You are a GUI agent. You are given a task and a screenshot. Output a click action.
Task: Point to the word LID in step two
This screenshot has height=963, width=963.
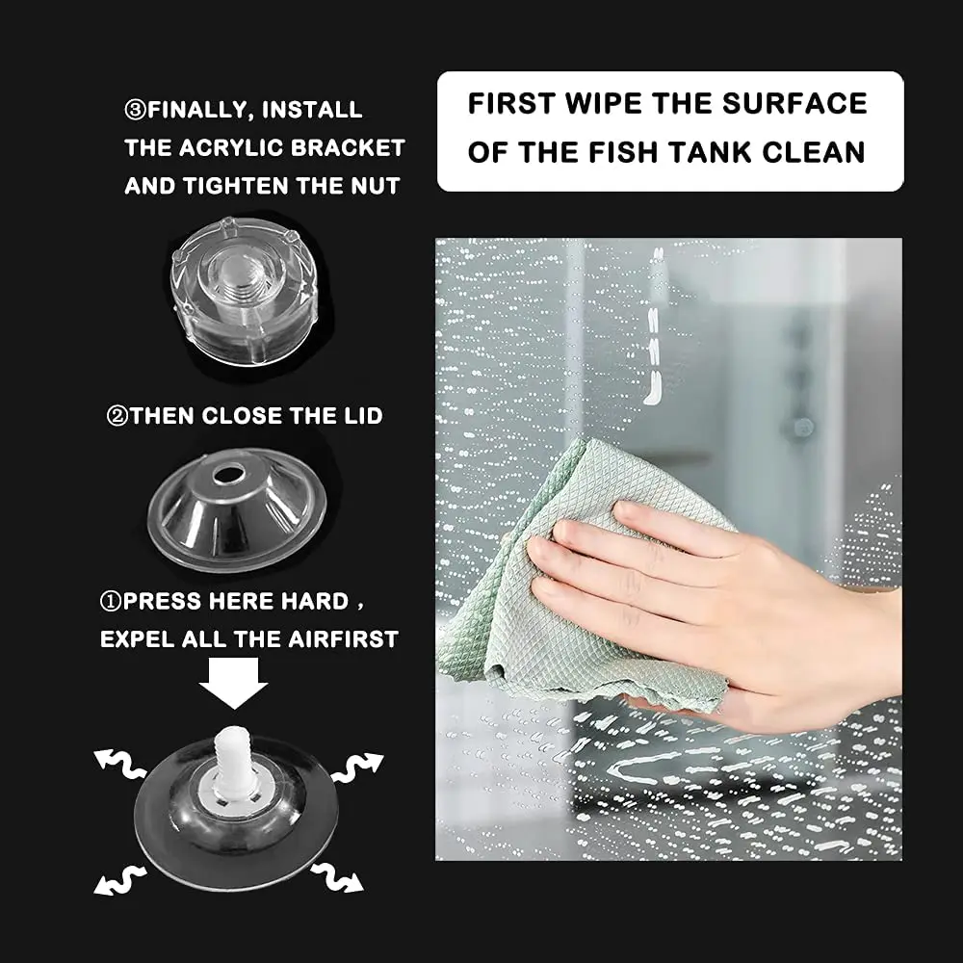point(362,416)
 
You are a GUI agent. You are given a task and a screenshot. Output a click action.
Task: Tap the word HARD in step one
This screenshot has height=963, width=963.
point(315,601)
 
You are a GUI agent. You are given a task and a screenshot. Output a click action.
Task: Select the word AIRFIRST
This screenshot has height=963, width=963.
point(343,639)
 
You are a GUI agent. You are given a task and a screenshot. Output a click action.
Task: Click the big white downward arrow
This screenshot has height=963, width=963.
point(233,683)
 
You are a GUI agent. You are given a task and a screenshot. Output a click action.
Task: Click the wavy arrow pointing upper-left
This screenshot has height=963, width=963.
point(119,764)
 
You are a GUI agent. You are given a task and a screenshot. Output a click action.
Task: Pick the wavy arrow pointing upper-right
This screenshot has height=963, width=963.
point(357,767)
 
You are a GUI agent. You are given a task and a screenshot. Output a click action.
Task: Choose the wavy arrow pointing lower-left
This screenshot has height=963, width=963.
point(119,880)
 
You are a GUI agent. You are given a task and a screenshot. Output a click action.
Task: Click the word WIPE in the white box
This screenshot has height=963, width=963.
point(604,103)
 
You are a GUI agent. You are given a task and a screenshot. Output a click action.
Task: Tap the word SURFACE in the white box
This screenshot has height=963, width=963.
point(794,103)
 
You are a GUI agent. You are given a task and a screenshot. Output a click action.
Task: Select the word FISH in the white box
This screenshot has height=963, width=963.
point(623,152)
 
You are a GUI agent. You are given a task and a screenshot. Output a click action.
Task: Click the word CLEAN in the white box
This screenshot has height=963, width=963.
point(814,152)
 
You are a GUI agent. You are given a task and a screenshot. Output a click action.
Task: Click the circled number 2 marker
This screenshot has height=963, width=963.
point(117,417)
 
